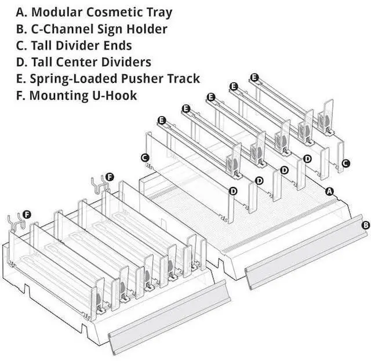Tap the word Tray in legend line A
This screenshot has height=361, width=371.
click(x=158, y=12)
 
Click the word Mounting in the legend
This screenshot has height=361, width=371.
click(x=57, y=95)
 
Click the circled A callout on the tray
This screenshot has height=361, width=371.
click(x=330, y=190)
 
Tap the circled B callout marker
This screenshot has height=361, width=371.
click(x=365, y=225)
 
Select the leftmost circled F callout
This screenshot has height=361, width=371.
click(x=27, y=215)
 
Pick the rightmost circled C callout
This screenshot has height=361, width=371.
click(x=345, y=163)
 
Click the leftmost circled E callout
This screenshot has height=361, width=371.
click(x=162, y=120)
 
